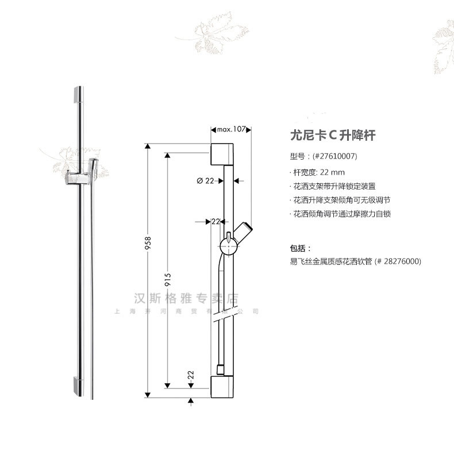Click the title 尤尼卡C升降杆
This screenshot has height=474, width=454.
(x=333, y=136)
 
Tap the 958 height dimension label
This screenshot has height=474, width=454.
(x=148, y=243)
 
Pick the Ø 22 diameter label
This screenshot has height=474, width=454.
(x=205, y=180)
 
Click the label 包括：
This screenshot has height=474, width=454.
(x=301, y=248)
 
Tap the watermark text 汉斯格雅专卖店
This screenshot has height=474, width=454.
(x=185, y=299)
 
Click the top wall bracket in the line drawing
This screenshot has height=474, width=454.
(x=224, y=154)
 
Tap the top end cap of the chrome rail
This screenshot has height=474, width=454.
(x=79, y=95)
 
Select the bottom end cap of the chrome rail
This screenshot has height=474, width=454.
(x=79, y=386)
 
